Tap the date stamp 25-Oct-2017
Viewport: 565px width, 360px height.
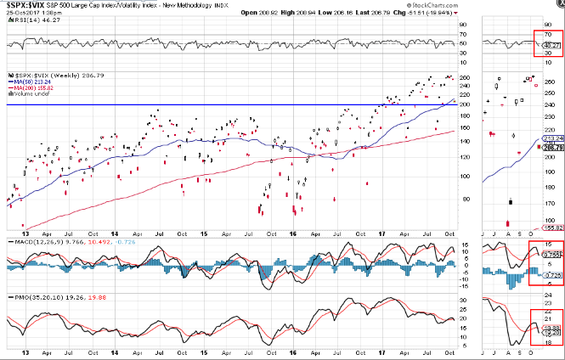point(22,13)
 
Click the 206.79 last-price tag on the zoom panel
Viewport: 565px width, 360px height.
point(554,148)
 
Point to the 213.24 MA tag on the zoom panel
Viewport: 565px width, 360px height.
point(554,138)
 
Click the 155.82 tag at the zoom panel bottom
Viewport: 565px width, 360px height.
point(554,228)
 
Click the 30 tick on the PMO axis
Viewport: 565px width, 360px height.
point(463,300)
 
